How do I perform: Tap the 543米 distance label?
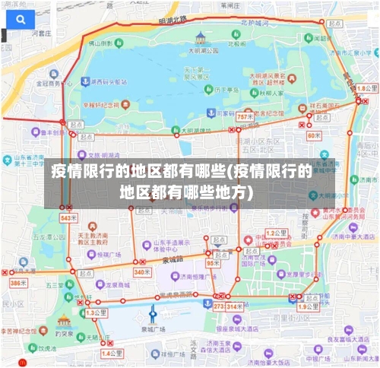pos(68,217)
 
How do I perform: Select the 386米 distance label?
pos(17,283)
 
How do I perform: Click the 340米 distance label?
pos(142,271)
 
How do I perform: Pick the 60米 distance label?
pos(314,135)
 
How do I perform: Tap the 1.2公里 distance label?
pos(276,232)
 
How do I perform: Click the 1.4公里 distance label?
pos(112,353)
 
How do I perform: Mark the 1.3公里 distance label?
pos(96,312)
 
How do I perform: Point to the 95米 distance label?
pos(213,263)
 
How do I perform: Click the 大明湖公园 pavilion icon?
pos(200,37)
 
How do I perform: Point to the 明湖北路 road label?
pos(174,19)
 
